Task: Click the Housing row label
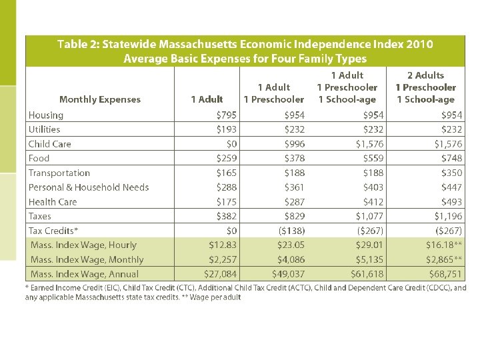[x=46, y=115]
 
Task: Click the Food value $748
[x=451, y=159]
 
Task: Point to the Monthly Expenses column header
[x=100, y=99]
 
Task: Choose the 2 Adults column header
[x=425, y=75]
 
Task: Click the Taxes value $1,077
[x=369, y=216]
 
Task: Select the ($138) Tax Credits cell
[x=292, y=231]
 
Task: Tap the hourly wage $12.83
[x=223, y=245]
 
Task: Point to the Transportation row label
[x=59, y=173]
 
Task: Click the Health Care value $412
[x=373, y=202]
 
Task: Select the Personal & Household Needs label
[x=89, y=187]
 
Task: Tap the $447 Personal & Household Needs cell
[x=451, y=187]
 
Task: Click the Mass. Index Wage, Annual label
[x=85, y=274]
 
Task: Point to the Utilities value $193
[x=227, y=129]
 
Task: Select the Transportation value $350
[x=451, y=173]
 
